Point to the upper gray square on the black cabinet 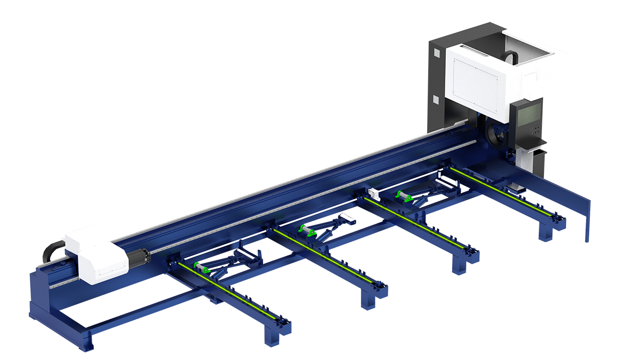tap(437, 52)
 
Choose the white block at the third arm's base tap(374, 193)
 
